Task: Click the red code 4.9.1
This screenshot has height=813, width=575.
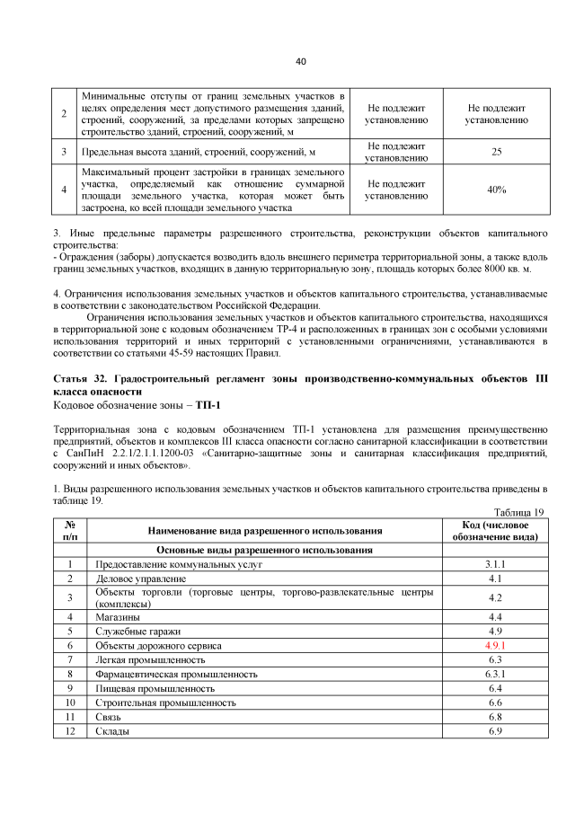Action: point(494,645)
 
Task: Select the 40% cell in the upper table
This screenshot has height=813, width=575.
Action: point(496,190)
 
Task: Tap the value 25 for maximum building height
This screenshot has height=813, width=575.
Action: point(496,152)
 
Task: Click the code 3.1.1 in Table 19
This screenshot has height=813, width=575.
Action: point(494,564)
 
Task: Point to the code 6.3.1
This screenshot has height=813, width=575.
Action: point(494,674)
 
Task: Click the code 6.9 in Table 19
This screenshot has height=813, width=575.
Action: point(494,731)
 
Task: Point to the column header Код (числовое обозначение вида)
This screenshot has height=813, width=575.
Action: point(494,531)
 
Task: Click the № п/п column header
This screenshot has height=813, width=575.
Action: point(69,531)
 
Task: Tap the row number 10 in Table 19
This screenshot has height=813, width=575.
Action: point(69,703)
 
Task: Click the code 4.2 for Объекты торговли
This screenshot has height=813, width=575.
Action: point(494,597)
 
